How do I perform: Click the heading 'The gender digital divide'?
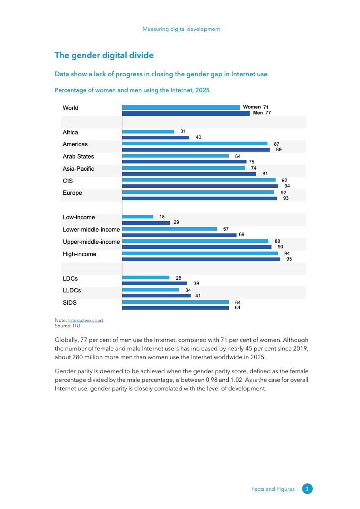click(x=104, y=55)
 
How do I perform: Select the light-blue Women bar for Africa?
click(x=148, y=132)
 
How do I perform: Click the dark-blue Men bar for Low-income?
click(x=146, y=222)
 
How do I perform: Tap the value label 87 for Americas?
click(x=276, y=143)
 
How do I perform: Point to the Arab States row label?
click(x=79, y=157)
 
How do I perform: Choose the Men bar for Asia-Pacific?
click(x=189, y=174)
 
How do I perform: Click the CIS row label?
click(x=68, y=181)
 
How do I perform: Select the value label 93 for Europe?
click(x=286, y=198)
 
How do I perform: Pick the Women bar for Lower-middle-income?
click(x=169, y=229)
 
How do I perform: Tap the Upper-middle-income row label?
click(x=91, y=242)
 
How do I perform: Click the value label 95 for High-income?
click(x=289, y=259)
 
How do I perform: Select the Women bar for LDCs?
click(x=146, y=277)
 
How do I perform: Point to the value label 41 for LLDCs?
click(x=197, y=296)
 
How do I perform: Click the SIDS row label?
click(x=69, y=302)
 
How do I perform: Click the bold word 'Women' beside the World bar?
click(x=252, y=107)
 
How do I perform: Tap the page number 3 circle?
click(x=307, y=489)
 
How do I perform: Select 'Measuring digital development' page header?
click(x=181, y=29)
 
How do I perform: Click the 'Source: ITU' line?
click(x=68, y=326)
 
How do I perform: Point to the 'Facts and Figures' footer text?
click(x=273, y=489)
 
